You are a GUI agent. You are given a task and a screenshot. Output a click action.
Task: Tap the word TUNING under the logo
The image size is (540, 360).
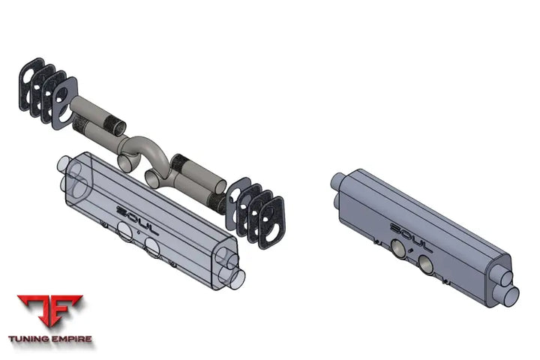(x=28, y=339)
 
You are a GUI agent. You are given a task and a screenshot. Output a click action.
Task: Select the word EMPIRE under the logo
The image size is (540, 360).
(x=72, y=339)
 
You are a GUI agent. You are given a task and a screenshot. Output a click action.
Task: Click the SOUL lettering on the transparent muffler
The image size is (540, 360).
(x=137, y=220)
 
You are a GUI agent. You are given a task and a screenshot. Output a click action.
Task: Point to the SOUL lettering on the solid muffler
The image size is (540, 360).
(x=411, y=238)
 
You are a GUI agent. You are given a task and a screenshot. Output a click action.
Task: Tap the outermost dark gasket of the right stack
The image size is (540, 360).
(x=272, y=223)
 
